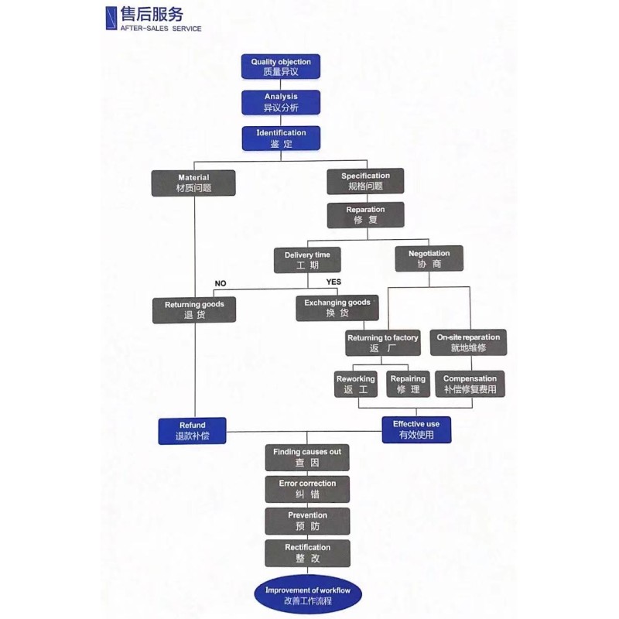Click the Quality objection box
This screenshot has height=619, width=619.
pyautogui.click(x=281, y=67)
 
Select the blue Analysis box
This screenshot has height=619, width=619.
pyautogui.click(x=281, y=102)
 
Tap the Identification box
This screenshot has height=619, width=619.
pyautogui.click(x=281, y=139)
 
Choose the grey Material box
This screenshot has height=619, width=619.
pyautogui.click(x=193, y=183)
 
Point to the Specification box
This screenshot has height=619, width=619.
pyautogui.click(x=365, y=181)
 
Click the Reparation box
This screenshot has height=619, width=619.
pyautogui.click(x=365, y=215)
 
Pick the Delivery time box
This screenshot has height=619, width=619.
pyautogui.click(x=307, y=260)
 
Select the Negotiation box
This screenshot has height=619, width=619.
pyautogui.click(x=429, y=258)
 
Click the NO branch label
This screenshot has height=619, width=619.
pyautogui.click(x=221, y=283)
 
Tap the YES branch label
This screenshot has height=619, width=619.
pyautogui.click(x=333, y=282)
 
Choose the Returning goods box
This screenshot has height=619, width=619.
pyautogui.click(x=194, y=310)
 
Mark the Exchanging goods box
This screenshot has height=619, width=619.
pyautogui.click(x=337, y=308)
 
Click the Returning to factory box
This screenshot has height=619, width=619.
pyautogui.click(x=383, y=343)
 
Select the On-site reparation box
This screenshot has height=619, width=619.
pyautogui.click(x=468, y=343)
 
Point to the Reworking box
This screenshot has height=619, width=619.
pyautogui.click(x=356, y=384)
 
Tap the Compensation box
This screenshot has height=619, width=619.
pyautogui.click(x=470, y=384)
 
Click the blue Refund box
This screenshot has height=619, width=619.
pyautogui.click(x=192, y=431)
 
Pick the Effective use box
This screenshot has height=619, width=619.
pyautogui.click(x=416, y=429)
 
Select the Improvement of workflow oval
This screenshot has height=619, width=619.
pyautogui.click(x=308, y=595)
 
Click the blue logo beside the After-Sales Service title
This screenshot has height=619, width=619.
pyautogui.click(x=111, y=18)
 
